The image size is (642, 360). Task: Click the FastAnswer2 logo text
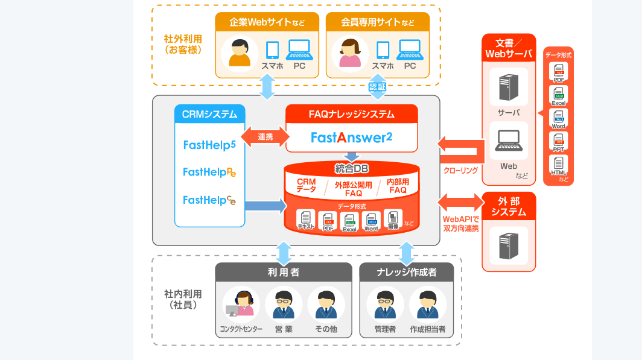(x=352, y=137)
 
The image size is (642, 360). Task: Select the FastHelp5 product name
(x=209, y=145)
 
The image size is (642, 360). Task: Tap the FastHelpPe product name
(x=209, y=172)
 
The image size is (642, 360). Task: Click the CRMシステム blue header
(x=209, y=114)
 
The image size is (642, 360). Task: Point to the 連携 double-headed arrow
(x=265, y=137)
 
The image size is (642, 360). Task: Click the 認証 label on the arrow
(x=377, y=87)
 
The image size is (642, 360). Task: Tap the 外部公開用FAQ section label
(x=353, y=189)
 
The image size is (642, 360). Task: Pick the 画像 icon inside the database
(x=393, y=218)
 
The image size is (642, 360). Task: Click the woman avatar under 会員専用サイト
(x=349, y=54)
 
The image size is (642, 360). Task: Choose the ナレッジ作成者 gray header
(x=406, y=273)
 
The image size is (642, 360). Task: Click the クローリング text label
(x=460, y=171)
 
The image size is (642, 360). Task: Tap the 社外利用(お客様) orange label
(x=183, y=44)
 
